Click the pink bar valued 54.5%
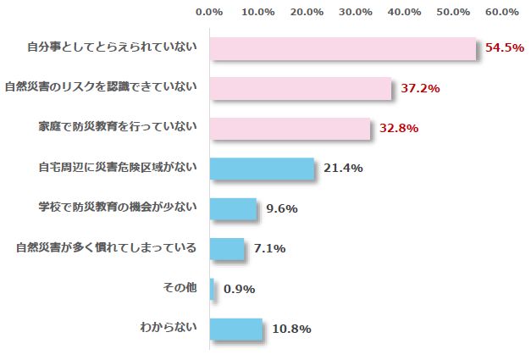(342, 49)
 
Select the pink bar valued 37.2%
(300, 88)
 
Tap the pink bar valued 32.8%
(290, 129)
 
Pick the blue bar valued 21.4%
(262, 169)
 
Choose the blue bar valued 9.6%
(232, 208)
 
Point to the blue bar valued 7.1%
(226, 249)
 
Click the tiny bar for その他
(212, 289)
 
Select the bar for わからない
(235, 329)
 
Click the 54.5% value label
(505, 48)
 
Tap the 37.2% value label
(420, 88)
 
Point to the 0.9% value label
(239, 289)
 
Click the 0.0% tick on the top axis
(209, 12)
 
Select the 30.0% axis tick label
(357, 12)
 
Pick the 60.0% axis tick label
(503, 12)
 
